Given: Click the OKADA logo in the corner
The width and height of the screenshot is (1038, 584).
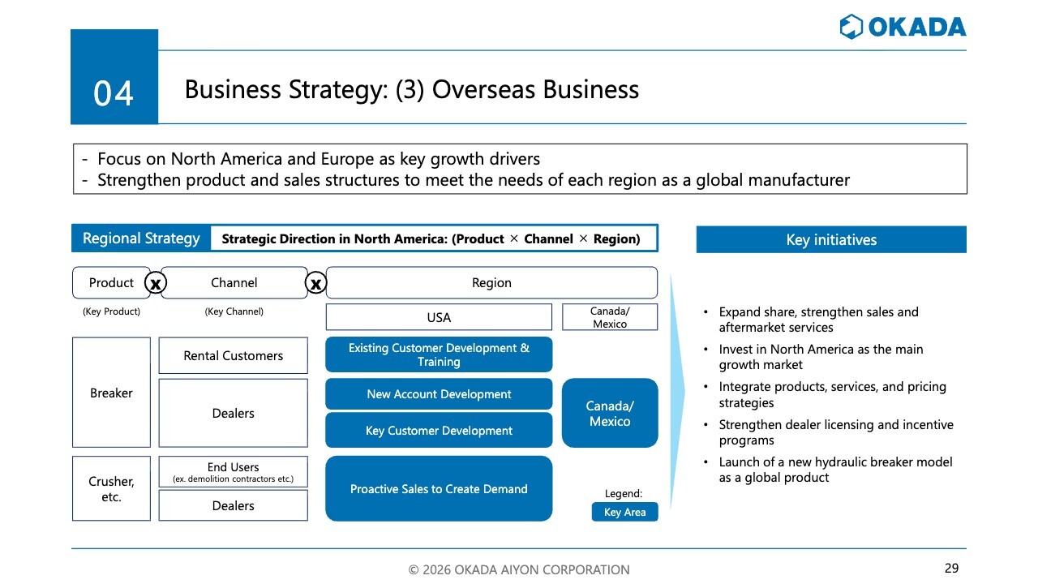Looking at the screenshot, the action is coord(903,27).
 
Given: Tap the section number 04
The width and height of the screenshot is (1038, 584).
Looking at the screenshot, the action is coord(114,93).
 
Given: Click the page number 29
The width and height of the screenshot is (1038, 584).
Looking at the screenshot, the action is coord(951,568).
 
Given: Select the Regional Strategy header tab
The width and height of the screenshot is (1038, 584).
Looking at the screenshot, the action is coord(141,238).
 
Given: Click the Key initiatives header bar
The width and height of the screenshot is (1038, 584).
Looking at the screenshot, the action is coord(831,239).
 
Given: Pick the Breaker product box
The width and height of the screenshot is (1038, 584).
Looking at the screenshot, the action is coord(111,392).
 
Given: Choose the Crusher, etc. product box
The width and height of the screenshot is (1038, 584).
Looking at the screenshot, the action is coord(111,488).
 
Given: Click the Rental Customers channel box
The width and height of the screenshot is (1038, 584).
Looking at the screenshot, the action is coord(233,355).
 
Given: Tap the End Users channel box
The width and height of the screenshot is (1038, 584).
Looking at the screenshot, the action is coord(233,471).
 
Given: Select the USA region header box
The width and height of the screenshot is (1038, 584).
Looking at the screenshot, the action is coord(439,317).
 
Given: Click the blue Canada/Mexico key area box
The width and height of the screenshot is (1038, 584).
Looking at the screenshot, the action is coord(610,413).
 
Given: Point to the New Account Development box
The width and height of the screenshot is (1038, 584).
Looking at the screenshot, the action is coord(439,394).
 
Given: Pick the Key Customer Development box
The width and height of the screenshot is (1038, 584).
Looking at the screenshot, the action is coord(439,431).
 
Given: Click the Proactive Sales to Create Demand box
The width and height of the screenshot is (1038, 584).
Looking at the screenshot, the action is coord(439,488).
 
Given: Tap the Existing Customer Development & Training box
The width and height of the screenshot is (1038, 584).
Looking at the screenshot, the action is coord(439,354).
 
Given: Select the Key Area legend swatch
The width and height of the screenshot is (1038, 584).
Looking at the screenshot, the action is coord(624,512).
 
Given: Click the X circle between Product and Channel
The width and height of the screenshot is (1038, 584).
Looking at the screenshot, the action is coord(155,283).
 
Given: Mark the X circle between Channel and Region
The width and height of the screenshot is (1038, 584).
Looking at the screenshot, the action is coord(316,283).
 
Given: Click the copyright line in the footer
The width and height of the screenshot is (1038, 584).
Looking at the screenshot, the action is coord(518,569).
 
